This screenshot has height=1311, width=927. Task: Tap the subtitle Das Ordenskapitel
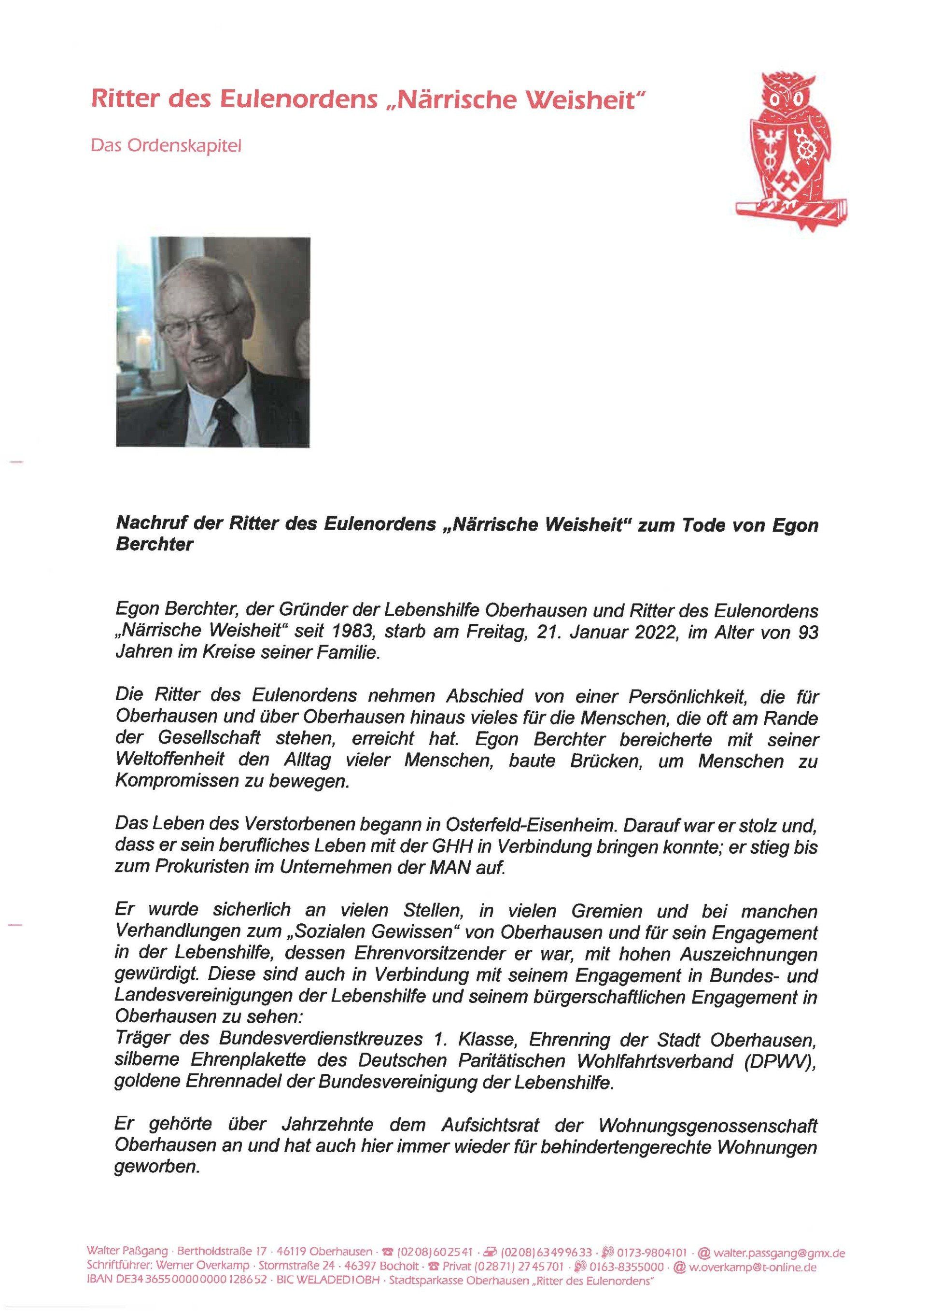click(x=166, y=146)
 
